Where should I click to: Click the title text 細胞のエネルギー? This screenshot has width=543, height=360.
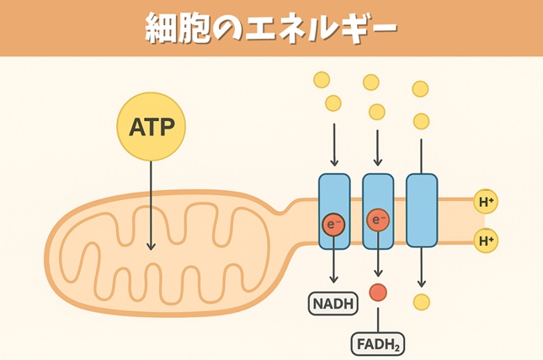pos(270,29)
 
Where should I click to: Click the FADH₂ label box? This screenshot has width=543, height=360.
pos(377,344)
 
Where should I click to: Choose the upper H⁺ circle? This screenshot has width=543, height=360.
pos(486,202)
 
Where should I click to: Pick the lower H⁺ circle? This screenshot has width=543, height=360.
pos(486,241)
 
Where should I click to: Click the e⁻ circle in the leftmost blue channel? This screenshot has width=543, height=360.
pos(334,225)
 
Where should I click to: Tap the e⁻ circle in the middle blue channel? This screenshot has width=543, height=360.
pos(378,221)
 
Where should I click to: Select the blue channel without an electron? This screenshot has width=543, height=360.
pos(421,210)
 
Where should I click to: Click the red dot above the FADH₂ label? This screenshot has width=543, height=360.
pos(378,292)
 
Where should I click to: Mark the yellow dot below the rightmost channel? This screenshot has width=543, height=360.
pos(422,301)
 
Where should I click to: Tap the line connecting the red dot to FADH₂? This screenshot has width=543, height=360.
pos(378,317)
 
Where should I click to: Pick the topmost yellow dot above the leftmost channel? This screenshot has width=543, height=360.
pos(321,80)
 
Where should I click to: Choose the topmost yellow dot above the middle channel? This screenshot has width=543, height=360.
pos(370,82)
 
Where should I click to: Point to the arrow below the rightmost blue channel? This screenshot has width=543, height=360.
pos(422,267)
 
